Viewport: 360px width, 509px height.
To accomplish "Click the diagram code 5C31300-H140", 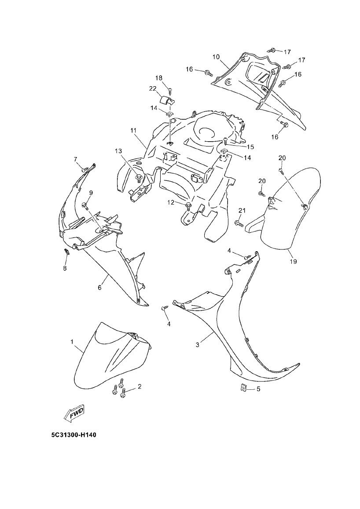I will (x=73, y=435).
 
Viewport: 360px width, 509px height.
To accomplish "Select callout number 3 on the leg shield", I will (x=198, y=345).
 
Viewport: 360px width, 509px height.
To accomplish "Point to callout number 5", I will (x=258, y=389).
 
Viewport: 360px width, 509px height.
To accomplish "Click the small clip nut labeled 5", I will (x=243, y=387).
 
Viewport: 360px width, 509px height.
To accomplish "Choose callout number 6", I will (x=100, y=288).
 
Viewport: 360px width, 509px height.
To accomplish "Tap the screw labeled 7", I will (x=83, y=168).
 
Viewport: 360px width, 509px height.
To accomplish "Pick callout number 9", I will (x=91, y=193).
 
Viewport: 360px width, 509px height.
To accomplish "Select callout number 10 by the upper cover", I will (x=216, y=57).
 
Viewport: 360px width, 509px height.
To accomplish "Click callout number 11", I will (x=133, y=131).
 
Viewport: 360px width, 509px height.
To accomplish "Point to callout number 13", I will (x=118, y=151).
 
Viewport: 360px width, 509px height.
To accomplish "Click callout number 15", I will (x=250, y=146).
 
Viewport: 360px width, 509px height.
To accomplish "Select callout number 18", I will (x=158, y=78).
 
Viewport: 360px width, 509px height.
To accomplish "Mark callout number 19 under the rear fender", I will (x=293, y=262).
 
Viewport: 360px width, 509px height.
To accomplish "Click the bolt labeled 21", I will (x=239, y=223).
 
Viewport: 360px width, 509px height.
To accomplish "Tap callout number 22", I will (x=153, y=88).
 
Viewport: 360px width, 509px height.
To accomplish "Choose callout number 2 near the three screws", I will (x=140, y=387).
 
